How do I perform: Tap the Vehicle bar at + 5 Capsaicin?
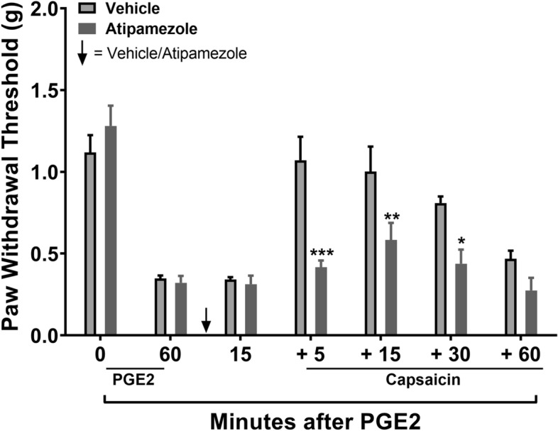[x=300, y=248]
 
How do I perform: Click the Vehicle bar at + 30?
[x=440, y=269]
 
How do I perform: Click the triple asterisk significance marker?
[x=322, y=252]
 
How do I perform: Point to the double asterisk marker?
[x=392, y=216]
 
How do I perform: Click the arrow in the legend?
[x=82, y=53]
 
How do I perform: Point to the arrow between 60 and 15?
[x=206, y=320]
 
